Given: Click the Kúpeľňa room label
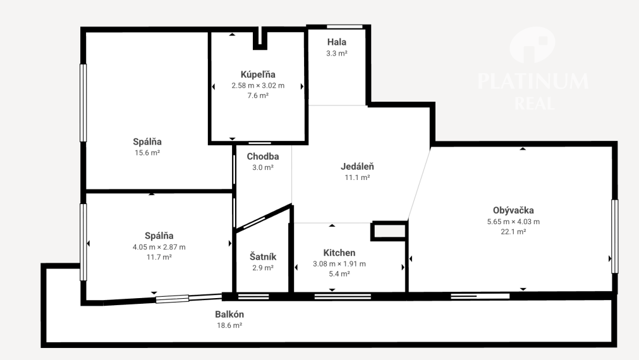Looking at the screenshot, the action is tap(258, 75).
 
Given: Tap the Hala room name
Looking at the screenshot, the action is tap(337, 42).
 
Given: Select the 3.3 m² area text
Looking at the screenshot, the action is tap(337, 53).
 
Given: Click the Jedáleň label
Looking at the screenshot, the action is tap(357, 166).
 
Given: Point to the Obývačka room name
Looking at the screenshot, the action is tap(513, 210).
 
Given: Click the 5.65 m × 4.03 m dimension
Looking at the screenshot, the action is tap(513, 222).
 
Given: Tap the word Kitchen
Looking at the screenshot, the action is tap(339, 253).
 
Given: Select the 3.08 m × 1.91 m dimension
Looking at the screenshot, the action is tap(339, 264).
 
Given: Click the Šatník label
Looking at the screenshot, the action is tap(263, 256).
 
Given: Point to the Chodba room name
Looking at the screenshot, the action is tap(263, 157).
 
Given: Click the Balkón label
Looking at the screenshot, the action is tap(229, 315).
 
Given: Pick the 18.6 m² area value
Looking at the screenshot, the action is tap(229, 325).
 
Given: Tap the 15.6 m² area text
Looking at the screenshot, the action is tap(147, 153).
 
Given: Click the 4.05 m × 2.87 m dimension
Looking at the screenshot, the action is tap(159, 247).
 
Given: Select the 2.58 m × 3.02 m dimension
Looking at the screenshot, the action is tap(258, 86).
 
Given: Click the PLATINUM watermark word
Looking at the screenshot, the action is tap(533, 81).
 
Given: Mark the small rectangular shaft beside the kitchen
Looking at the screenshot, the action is tap(389, 231).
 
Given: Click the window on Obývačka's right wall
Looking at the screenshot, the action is tap(615, 236).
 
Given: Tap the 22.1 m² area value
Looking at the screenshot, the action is tap(513, 232).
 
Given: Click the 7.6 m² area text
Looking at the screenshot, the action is tap(258, 96).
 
